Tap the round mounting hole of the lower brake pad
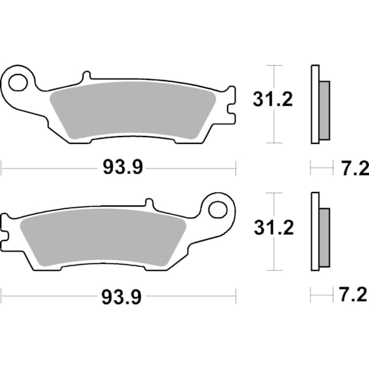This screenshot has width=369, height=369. [x=218, y=209]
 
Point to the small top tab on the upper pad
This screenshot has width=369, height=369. [x=85, y=76]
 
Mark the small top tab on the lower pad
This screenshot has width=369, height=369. [x=149, y=204]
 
